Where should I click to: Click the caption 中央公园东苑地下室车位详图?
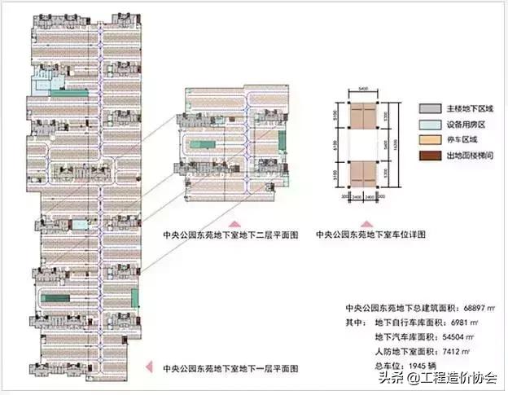coord(371,235)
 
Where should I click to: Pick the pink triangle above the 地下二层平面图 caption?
coord(234,222)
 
